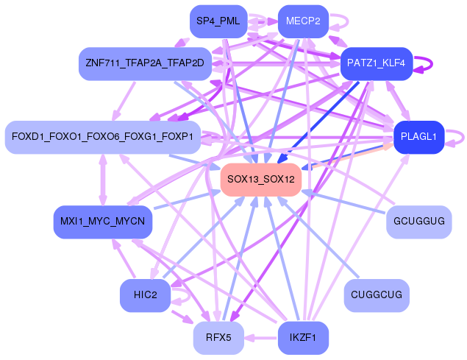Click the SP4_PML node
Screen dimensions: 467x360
point(218,21)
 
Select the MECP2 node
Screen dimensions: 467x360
point(303,21)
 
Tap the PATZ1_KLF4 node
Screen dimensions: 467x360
point(377,63)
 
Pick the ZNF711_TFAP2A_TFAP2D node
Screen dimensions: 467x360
point(145,63)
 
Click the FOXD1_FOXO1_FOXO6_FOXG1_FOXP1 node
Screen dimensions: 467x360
point(103,137)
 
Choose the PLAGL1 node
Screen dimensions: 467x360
point(418,137)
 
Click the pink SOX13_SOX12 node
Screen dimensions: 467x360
point(261,180)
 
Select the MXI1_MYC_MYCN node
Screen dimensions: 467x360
point(103,222)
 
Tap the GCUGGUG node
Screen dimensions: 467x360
point(418,222)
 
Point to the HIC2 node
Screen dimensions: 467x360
point(145,295)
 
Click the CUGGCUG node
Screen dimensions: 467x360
point(377,295)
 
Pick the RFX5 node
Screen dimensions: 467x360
point(218,338)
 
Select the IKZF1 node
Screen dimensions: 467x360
point(303,338)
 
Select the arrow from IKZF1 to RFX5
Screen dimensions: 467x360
point(261,338)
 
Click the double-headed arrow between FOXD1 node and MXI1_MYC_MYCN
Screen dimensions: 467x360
point(103,180)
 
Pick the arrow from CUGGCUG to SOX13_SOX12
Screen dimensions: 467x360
point(318,237)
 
